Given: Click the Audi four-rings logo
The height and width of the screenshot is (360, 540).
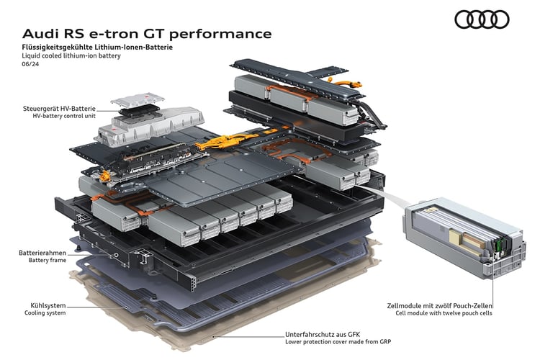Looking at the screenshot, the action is (482, 19).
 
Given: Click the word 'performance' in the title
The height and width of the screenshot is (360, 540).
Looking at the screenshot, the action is (220, 34).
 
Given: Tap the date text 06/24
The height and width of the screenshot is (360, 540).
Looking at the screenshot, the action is (30, 64).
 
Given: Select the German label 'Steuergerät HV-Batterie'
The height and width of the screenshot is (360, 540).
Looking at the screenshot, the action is (59, 109).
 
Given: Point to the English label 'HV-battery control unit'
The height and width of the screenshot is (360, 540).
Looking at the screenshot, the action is (64, 116).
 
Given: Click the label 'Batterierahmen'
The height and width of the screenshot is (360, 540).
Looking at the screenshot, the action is (42, 253).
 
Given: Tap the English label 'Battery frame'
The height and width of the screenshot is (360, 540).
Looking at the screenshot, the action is (48, 261).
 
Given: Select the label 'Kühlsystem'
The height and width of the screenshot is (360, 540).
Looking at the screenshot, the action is (48, 305).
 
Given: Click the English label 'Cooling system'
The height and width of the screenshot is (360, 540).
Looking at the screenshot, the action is (45, 313).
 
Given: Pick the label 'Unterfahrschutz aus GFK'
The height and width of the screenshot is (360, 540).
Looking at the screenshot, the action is (323, 334).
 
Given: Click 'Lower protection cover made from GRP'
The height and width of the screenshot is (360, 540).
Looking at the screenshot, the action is (338, 342).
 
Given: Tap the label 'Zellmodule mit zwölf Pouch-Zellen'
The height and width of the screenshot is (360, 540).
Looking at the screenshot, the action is (439, 305).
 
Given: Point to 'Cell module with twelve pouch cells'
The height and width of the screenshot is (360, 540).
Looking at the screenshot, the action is (444, 313).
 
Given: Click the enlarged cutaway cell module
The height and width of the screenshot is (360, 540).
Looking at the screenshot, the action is (465, 238).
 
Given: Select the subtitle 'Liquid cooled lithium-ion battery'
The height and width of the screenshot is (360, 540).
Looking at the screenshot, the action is (71, 56).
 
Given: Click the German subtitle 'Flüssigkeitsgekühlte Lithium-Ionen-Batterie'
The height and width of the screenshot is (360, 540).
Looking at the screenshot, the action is (97, 48).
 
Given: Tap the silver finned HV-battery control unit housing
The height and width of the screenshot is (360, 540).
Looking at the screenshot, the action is (151, 127).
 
